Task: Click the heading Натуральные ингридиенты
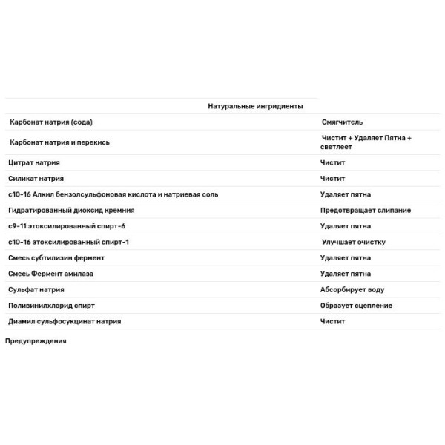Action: click(x=255, y=106)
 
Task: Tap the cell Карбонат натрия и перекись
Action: click(x=59, y=142)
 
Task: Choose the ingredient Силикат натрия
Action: click(x=36, y=179)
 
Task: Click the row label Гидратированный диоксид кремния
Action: click(x=71, y=211)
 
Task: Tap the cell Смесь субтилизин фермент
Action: click(x=56, y=258)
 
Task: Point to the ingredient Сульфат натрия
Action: click(x=36, y=290)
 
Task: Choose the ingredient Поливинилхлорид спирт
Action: click(x=51, y=306)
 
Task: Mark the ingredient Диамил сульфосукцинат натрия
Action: click(x=65, y=322)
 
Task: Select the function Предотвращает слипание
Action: click(x=366, y=211)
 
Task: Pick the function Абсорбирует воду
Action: click(x=352, y=290)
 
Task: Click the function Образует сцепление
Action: click(x=357, y=306)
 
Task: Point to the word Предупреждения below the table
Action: click(x=36, y=341)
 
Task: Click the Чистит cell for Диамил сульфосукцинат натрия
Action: click(x=333, y=322)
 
